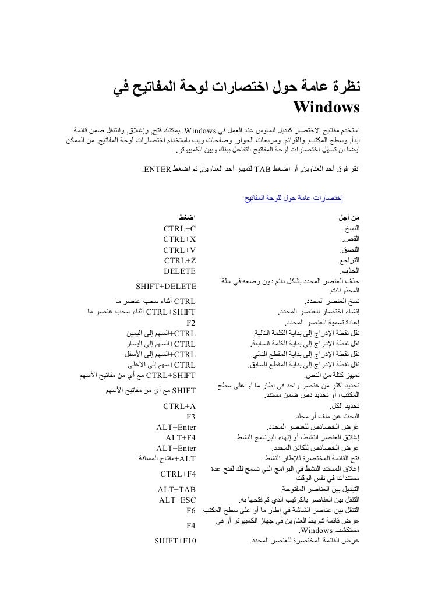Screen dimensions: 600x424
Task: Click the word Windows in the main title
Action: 327,108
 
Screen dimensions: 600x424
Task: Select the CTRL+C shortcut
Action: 180,227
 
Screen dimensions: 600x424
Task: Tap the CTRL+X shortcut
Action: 180,238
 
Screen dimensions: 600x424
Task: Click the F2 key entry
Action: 191,322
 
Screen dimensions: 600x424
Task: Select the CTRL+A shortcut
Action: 180,405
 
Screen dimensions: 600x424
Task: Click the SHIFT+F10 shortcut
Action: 175,542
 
